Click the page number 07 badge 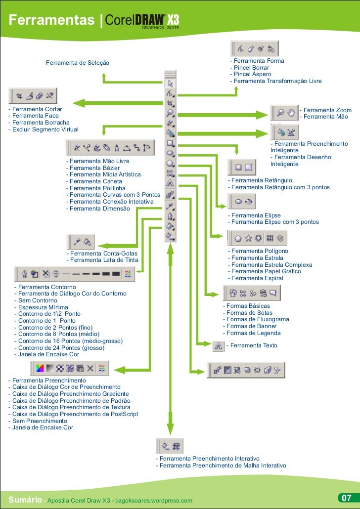(346, 498)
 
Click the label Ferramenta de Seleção (78, 63)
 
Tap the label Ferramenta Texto (254, 345)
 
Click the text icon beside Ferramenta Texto (218, 346)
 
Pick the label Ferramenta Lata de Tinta (102, 260)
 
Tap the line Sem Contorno (36, 300)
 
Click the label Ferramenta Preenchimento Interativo (207, 459)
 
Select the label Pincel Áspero (251, 74)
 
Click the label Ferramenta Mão (324, 117)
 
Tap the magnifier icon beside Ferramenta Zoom (280, 112)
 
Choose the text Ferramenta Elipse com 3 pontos (273, 222)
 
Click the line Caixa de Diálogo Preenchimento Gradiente (69, 394)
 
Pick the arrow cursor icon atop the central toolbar (170, 83)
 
